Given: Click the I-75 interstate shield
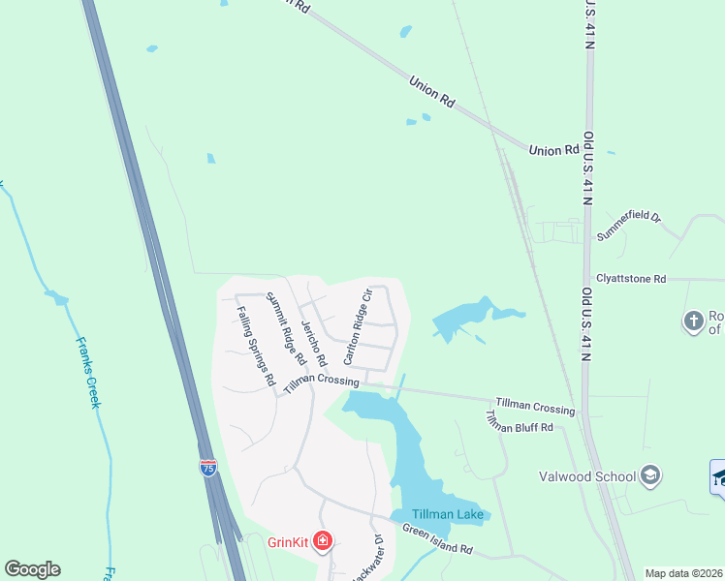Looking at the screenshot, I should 208,467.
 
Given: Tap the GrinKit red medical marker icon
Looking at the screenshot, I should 324,541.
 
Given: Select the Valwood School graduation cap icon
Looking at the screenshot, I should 651,475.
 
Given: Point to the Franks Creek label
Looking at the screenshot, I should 89,372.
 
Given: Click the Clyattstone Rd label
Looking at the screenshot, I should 631,279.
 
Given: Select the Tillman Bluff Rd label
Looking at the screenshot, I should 519,421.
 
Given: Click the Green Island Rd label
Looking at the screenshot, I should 437,540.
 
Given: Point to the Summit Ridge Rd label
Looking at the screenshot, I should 287,328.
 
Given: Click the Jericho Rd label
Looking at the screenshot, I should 315,344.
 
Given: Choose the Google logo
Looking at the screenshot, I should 32,569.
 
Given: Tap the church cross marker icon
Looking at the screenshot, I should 693,321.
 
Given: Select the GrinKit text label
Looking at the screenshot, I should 288,542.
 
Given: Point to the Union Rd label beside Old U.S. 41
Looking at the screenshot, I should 553,150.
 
